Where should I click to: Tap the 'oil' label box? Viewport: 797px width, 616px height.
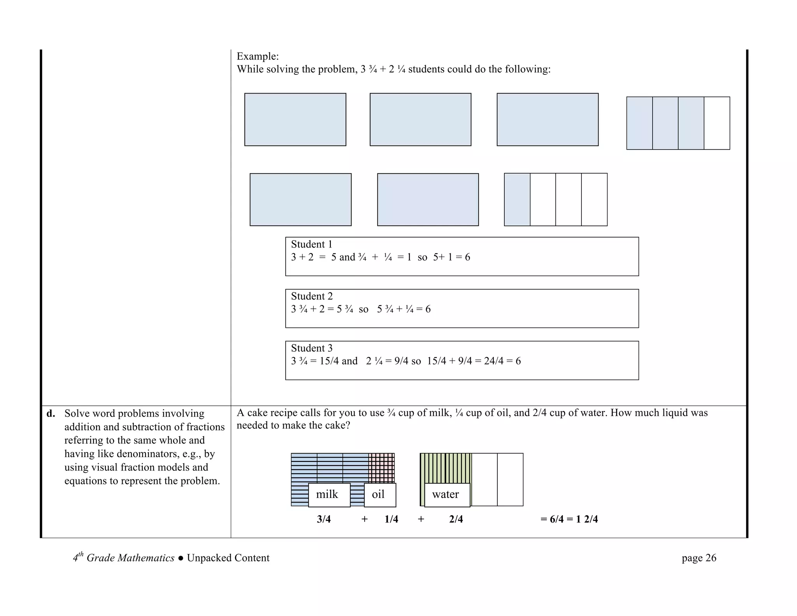[x=379, y=495]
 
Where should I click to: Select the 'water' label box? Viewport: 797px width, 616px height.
[x=447, y=495]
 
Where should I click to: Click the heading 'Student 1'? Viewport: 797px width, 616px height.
[x=312, y=245]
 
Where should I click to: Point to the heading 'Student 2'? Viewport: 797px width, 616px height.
[x=312, y=296]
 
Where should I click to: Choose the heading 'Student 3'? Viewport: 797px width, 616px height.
[x=312, y=348]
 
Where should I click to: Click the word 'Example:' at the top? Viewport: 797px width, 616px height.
[x=258, y=56]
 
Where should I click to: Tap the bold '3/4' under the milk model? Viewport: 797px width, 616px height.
[x=324, y=519]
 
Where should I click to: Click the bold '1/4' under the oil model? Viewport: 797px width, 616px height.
[x=391, y=519]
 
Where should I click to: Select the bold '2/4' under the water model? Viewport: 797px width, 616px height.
[x=456, y=519]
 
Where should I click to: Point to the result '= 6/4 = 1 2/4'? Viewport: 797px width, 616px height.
[x=569, y=519]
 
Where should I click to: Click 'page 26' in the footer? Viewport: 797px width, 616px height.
[x=699, y=558]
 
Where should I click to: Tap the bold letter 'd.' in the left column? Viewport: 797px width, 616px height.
[x=51, y=414]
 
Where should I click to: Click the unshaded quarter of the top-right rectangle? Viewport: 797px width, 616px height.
[x=716, y=123]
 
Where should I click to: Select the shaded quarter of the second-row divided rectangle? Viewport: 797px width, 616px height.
[x=517, y=199]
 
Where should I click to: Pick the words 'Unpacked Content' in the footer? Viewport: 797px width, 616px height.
[x=228, y=558]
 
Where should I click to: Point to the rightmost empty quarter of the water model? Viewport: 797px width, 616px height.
[x=510, y=479]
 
